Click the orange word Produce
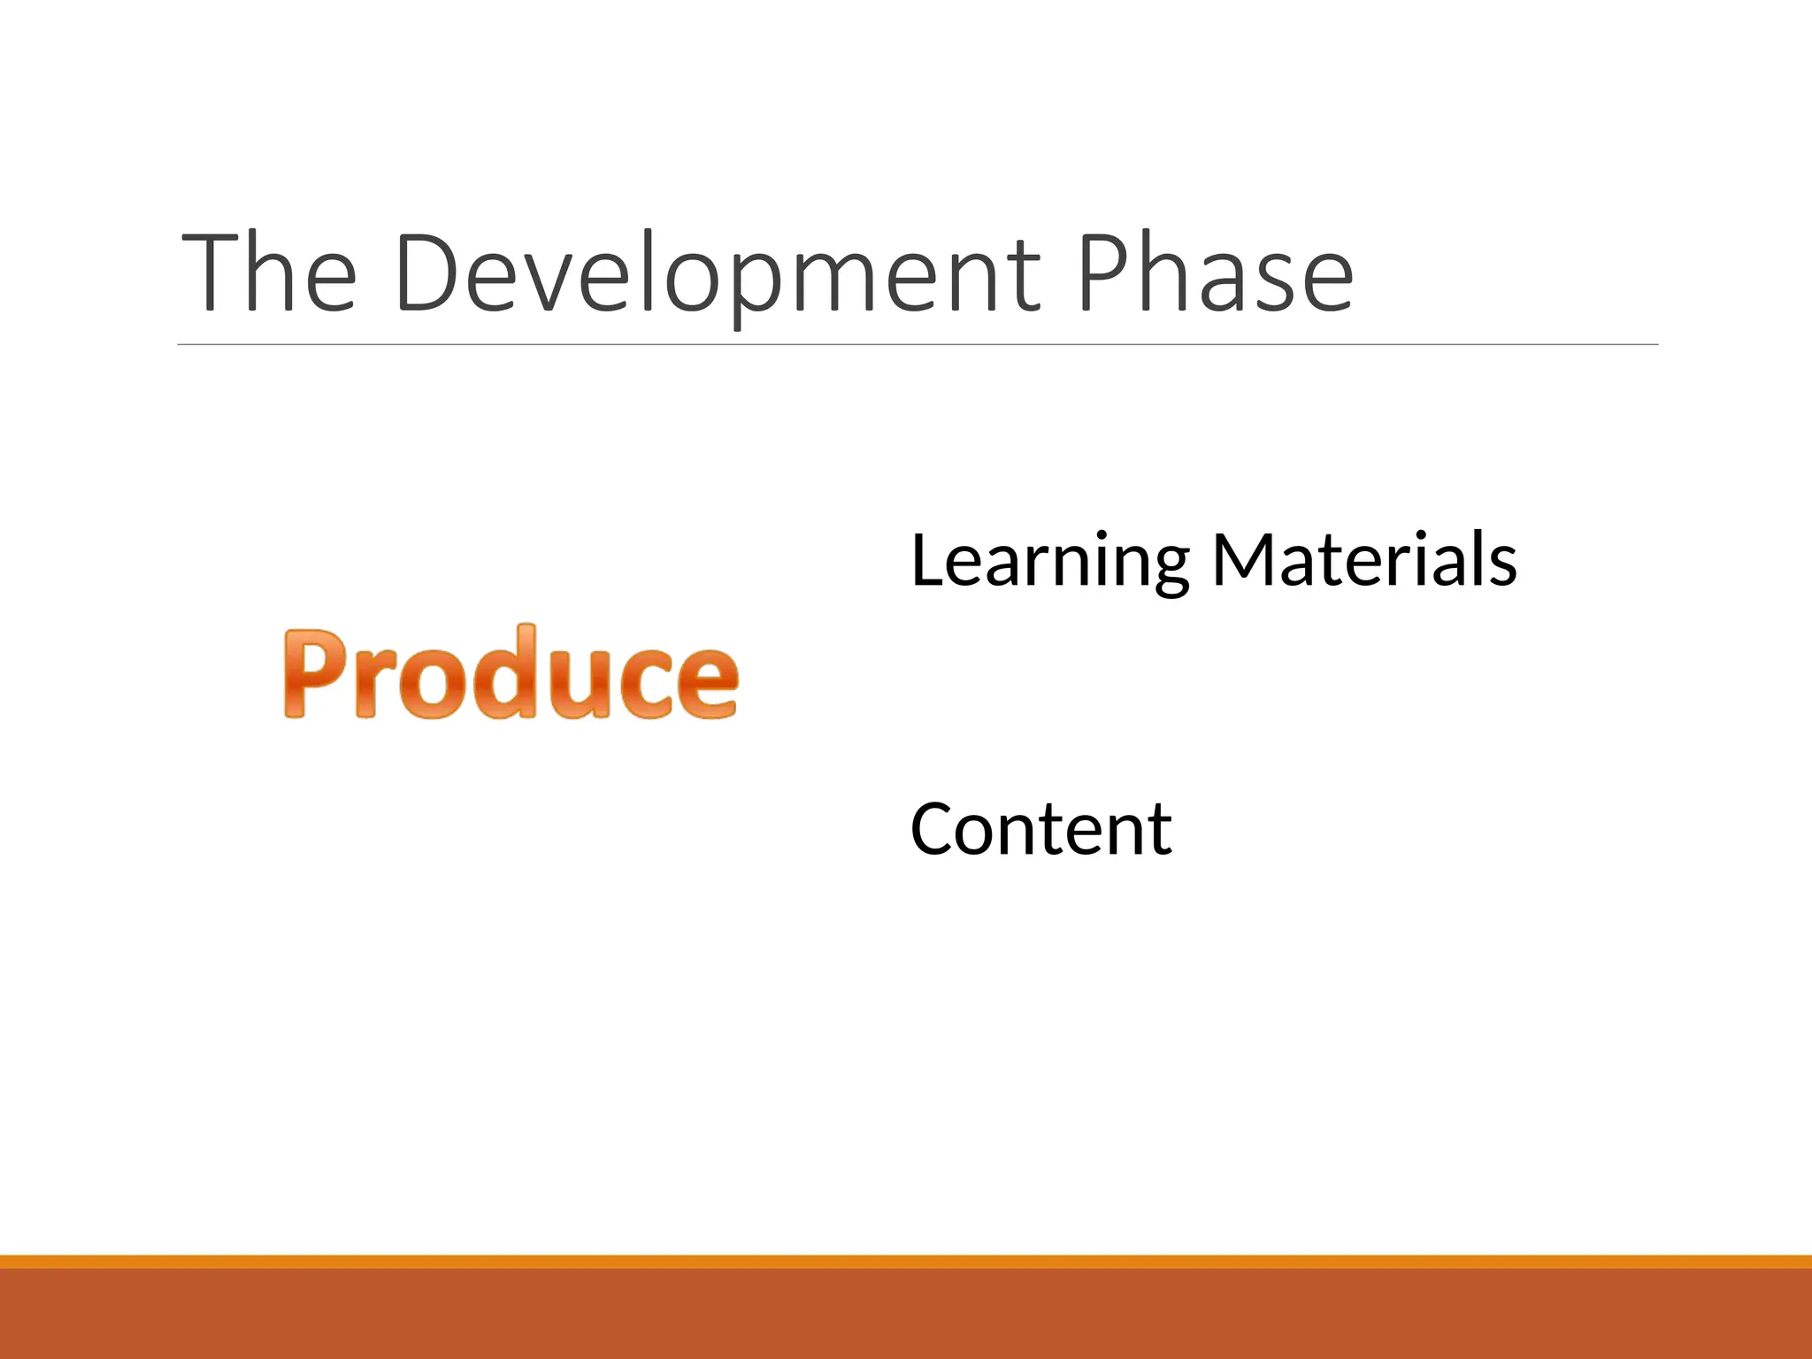pos(511,672)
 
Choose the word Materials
pos(1364,561)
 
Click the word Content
pos(1040,829)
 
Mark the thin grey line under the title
pos(918,344)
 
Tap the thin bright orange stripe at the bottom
pos(906,1262)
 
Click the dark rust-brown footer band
pos(906,1315)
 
